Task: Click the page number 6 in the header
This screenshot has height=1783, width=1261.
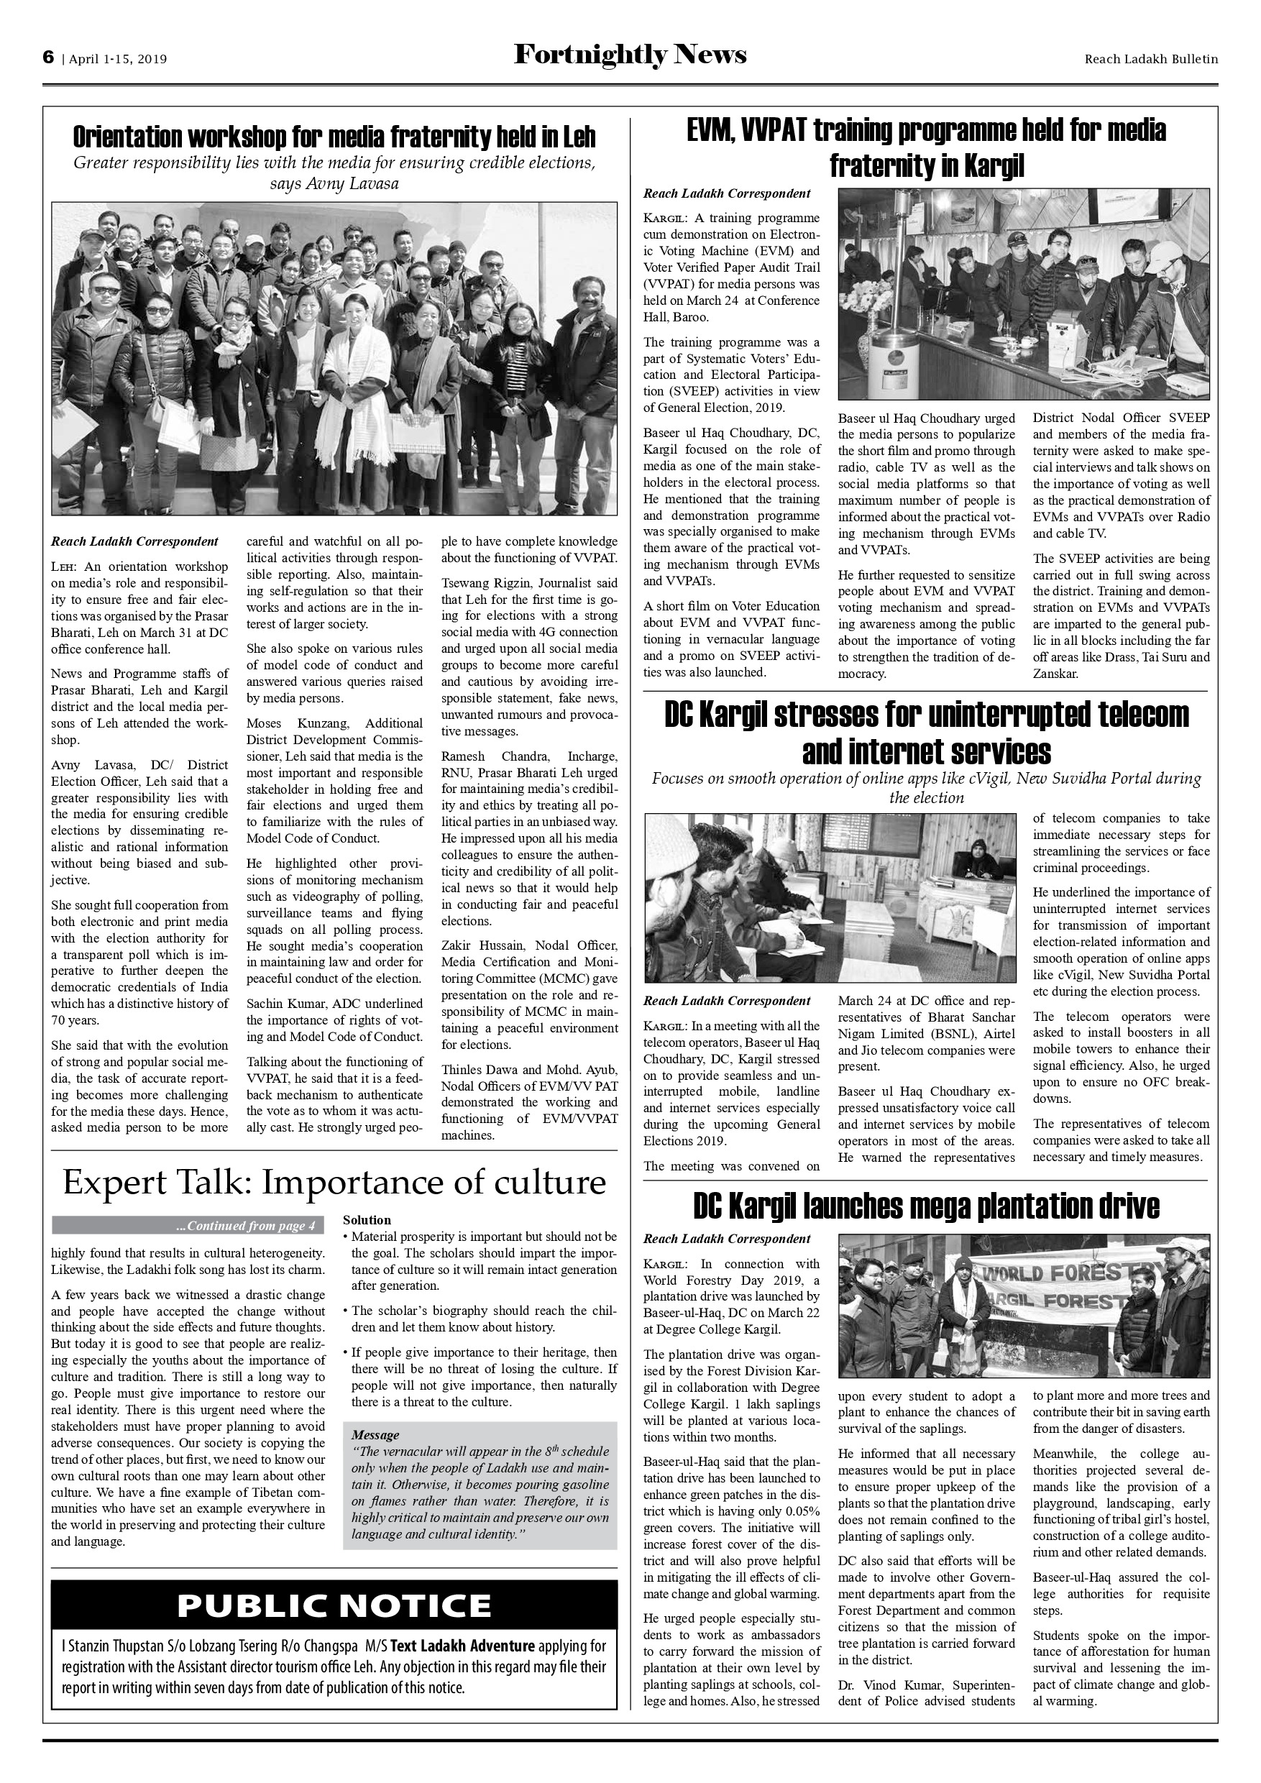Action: coord(48,58)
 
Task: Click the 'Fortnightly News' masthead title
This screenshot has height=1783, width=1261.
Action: coord(630,55)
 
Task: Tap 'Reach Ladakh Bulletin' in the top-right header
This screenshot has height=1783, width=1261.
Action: coord(1151,59)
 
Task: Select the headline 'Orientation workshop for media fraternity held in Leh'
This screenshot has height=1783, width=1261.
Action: coord(334,137)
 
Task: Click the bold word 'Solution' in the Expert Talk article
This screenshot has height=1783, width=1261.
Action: coord(367,1220)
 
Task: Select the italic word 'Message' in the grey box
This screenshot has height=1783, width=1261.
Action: coord(375,1435)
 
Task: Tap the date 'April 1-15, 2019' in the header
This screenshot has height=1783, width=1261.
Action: coord(118,59)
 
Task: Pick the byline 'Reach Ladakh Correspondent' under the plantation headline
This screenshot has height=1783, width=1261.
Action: coord(727,1239)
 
